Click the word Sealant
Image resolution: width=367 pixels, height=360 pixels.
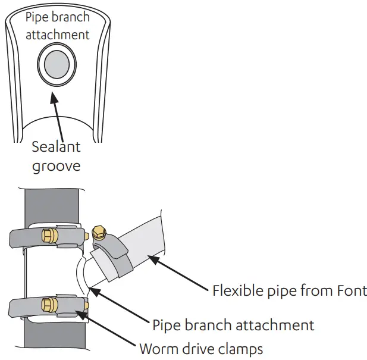[55, 146]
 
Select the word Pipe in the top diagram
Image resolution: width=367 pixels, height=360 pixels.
[37, 17]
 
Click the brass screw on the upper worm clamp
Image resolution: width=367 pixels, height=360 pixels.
[49, 237]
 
